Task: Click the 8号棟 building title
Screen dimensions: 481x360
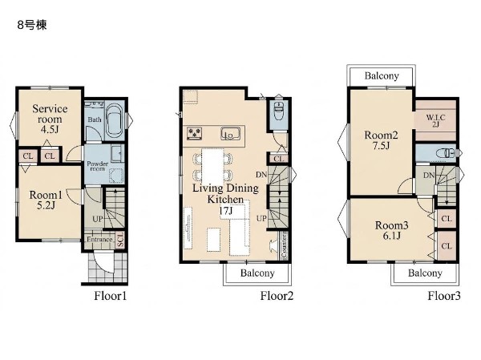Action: (x=32, y=25)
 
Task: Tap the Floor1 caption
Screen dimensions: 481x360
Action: (x=110, y=296)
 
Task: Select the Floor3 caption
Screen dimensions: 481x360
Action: (x=444, y=296)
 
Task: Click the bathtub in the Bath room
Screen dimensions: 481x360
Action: (x=115, y=121)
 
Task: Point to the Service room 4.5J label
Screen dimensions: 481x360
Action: (x=50, y=119)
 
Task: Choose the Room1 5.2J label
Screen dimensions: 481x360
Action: (x=46, y=200)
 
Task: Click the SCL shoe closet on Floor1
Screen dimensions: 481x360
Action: (x=120, y=240)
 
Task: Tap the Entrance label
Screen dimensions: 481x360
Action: (x=99, y=240)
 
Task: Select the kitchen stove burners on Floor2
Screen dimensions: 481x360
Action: (x=195, y=134)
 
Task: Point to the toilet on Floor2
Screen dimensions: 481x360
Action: (x=279, y=111)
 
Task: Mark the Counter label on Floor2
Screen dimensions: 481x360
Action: (x=285, y=245)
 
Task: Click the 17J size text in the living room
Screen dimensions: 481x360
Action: (x=226, y=211)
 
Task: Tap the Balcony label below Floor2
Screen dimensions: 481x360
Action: (x=257, y=273)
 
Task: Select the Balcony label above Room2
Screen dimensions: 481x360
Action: (x=382, y=76)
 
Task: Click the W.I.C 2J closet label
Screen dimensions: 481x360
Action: (x=435, y=120)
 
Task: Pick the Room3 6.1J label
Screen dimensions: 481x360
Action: (x=391, y=230)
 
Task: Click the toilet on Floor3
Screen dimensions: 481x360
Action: (x=447, y=152)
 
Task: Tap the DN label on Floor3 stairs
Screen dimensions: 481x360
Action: (x=429, y=176)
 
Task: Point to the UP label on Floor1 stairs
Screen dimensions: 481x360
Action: (x=98, y=219)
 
